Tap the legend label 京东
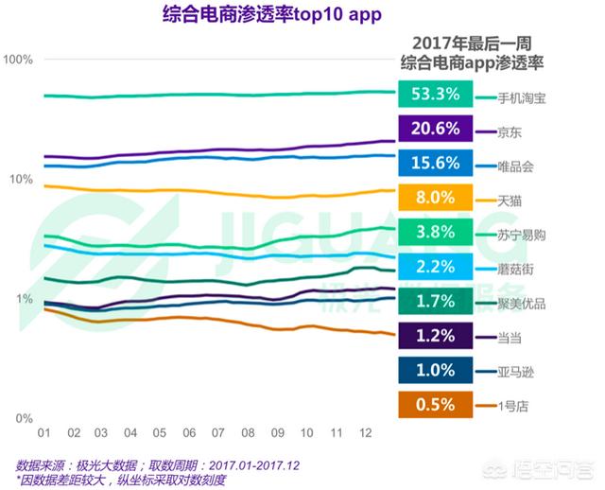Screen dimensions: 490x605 (510, 131)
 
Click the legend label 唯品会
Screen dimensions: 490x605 (516, 166)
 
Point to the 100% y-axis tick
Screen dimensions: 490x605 (18, 60)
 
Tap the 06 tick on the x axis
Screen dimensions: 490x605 (189, 433)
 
